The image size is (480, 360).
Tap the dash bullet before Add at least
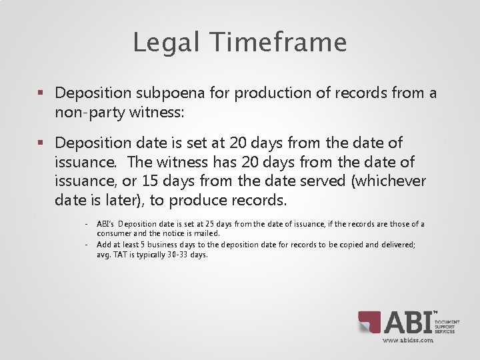tap(87, 245)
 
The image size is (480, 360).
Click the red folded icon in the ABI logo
tap(369, 323)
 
